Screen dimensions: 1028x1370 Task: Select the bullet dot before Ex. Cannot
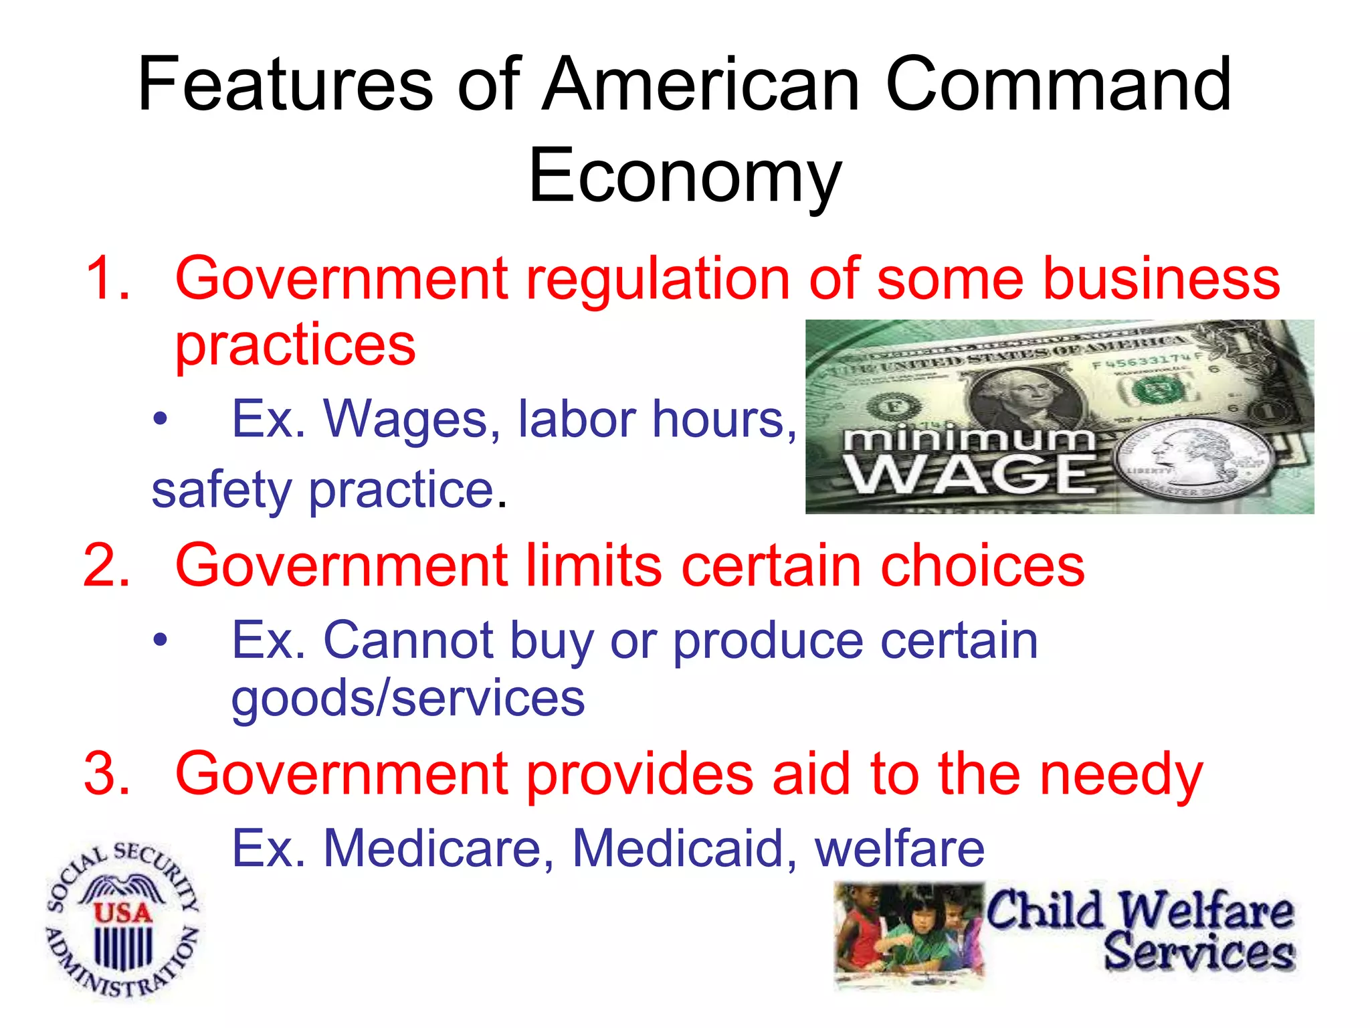point(160,640)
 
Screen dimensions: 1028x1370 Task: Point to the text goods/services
point(408,698)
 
